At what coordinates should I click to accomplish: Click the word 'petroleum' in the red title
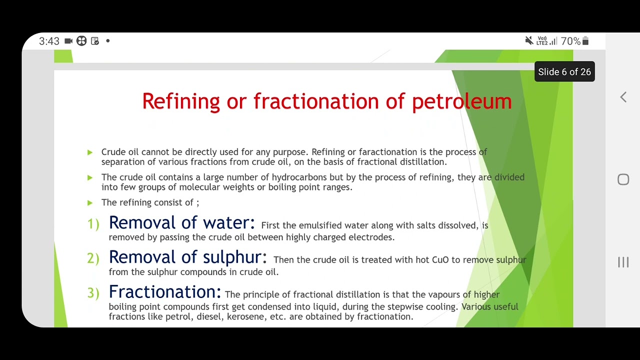tap(461, 101)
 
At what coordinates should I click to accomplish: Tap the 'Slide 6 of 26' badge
tap(564, 72)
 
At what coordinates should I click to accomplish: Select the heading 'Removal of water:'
tap(181, 223)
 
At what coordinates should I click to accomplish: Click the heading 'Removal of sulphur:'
tap(187, 257)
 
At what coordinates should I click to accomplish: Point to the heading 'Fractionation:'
tap(164, 292)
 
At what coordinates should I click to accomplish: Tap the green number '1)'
tap(93, 224)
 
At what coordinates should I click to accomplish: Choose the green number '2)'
tap(93, 258)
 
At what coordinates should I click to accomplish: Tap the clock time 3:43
tap(49, 41)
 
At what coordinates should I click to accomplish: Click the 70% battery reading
tap(570, 41)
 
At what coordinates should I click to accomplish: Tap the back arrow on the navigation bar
tap(623, 97)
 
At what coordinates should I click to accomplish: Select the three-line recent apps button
tap(623, 262)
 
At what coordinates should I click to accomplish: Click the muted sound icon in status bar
tap(529, 41)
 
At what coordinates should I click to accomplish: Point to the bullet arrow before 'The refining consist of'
tap(90, 202)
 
